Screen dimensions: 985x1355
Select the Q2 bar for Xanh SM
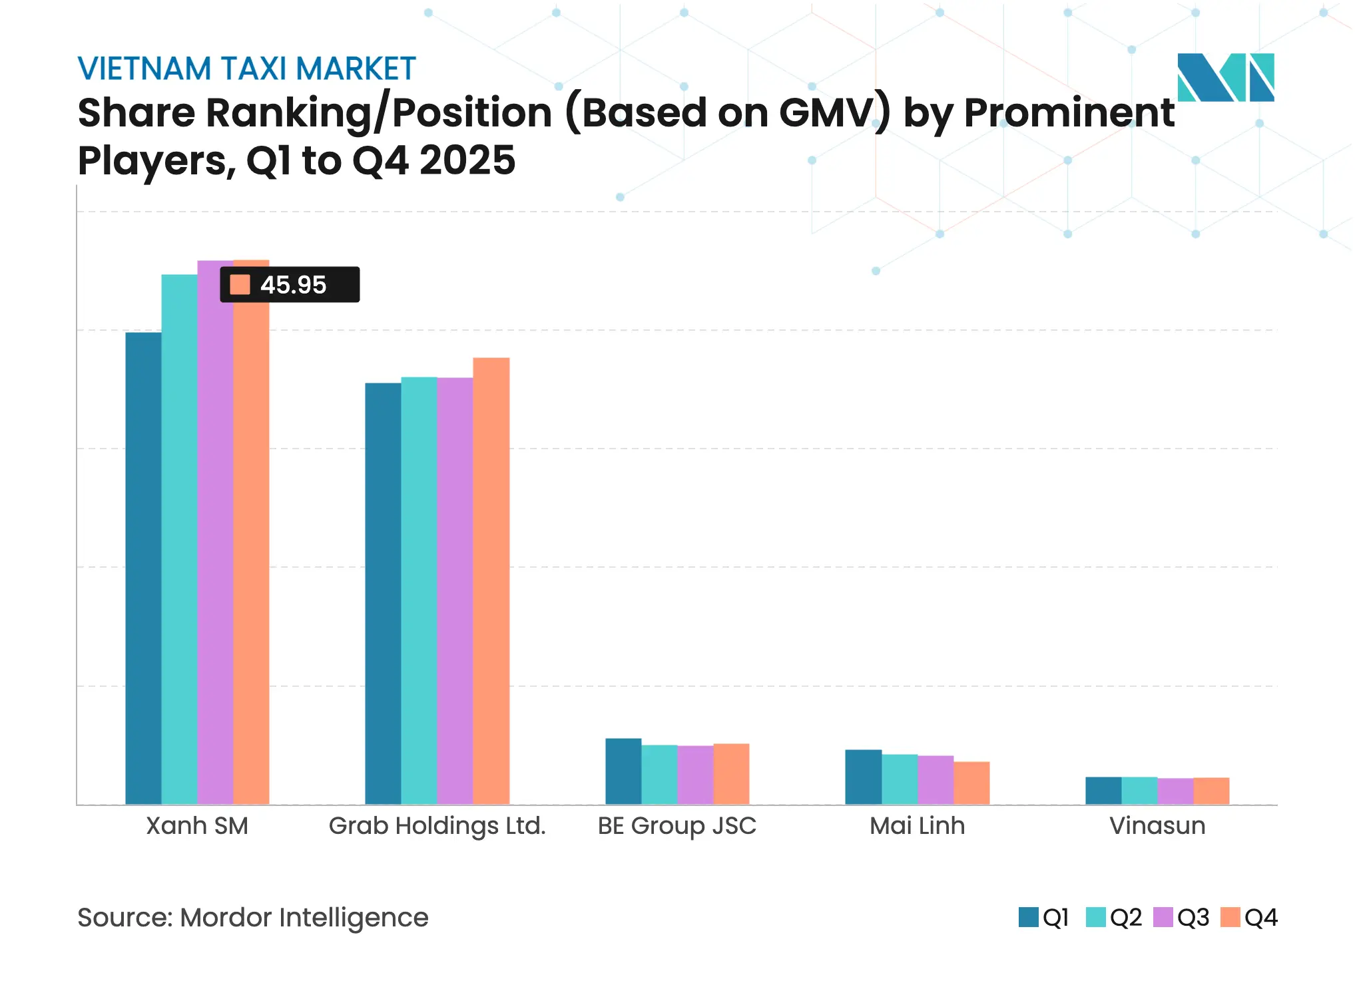coord(179,539)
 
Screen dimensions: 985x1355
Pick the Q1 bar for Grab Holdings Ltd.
coord(383,593)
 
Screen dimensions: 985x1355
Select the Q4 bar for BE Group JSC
coord(731,773)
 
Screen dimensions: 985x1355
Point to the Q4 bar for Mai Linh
coord(971,783)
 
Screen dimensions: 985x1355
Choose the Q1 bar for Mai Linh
coord(864,777)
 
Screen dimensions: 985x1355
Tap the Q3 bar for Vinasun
coord(1175,791)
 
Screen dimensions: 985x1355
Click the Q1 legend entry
coord(1044,917)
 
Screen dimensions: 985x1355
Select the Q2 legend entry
coord(1114,917)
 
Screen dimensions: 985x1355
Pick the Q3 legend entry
coord(1181,917)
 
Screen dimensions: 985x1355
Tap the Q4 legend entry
coord(1249,917)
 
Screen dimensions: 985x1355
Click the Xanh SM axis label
coord(197,826)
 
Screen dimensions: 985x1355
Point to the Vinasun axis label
coord(1157,826)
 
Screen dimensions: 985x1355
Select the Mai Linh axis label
coord(917,826)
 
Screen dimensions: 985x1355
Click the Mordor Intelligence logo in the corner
coord(1225,77)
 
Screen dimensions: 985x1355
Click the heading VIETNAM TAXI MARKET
coord(246,69)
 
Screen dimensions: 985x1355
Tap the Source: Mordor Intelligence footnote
coord(253,917)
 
